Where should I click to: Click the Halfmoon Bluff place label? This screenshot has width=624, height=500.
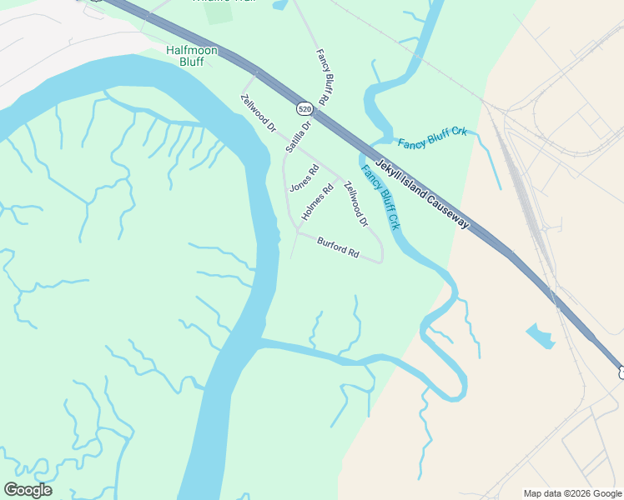(x=191, y=57)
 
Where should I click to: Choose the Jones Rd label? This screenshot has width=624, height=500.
(x=304, y=179)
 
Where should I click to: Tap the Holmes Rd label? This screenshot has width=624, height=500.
(x=318, y=202)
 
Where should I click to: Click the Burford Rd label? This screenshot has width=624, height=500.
(x=338, y=247)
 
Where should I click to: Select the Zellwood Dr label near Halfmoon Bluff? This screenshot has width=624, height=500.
(x=258, y=114)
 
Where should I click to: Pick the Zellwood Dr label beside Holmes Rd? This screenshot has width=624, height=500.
(x=356, y=204)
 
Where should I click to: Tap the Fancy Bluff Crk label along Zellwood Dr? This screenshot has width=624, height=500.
(x=381, y=197)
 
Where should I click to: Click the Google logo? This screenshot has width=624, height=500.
(x=28, y=490)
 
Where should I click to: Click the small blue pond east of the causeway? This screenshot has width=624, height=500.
(x=541, y=337)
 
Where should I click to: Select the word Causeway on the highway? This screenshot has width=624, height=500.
(x=448, y=213)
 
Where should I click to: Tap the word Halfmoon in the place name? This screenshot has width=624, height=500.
(x=191, y=50)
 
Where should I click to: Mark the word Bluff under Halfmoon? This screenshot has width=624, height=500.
(x=191, y=62)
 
